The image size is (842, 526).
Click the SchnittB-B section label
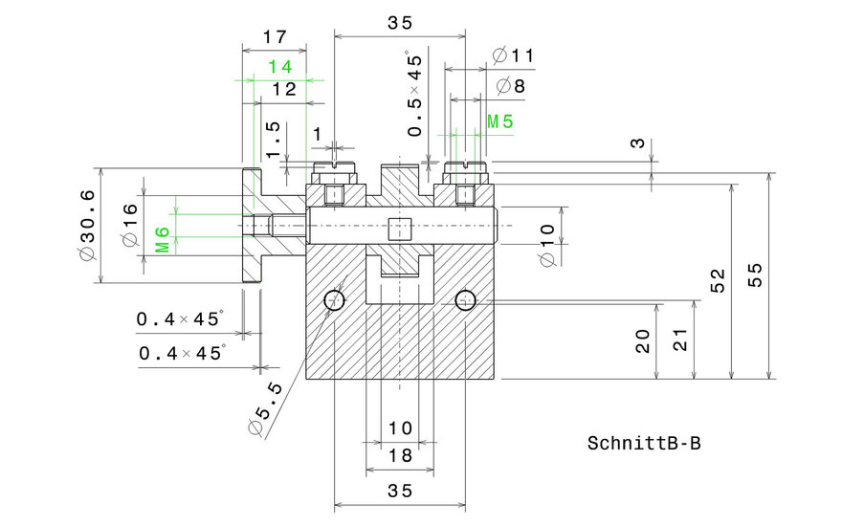644,444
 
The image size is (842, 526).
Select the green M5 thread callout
499,121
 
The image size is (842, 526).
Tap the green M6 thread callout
163,240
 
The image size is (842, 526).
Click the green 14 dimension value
279,67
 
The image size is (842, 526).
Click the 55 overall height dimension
755,276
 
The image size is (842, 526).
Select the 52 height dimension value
717,281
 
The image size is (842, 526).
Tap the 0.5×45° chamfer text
414,94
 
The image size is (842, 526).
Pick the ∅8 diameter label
512,87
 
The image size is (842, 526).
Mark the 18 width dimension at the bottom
400,457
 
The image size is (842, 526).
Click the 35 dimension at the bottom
400,491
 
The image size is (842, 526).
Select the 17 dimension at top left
274,37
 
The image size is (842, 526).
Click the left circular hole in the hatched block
335,300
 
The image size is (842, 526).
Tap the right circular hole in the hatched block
465,300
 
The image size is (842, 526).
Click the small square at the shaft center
399,228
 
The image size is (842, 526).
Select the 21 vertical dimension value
680,340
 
